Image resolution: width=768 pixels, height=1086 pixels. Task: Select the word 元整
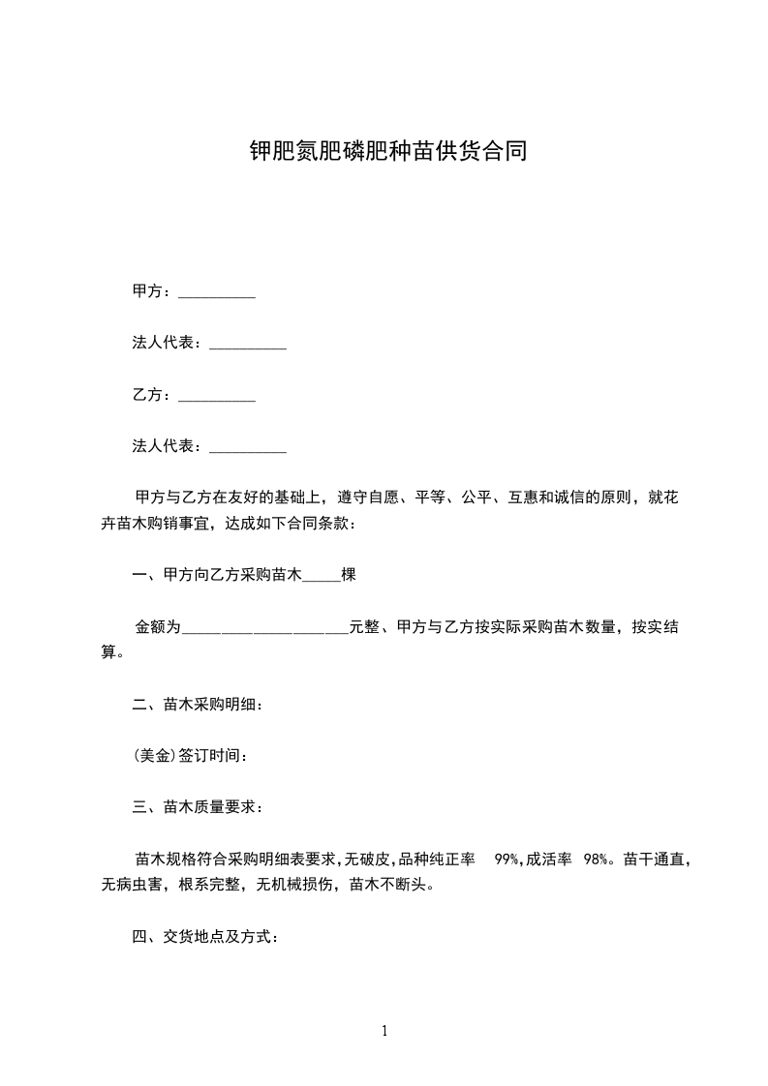(364, 627)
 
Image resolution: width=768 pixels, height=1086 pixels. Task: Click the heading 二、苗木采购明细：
(198, 704)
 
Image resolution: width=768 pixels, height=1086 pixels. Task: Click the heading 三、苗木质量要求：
(198, 806)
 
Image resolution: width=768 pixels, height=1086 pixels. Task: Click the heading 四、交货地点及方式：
(205, 937)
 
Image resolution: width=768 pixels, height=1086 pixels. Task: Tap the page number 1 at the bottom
(384, 1031)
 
